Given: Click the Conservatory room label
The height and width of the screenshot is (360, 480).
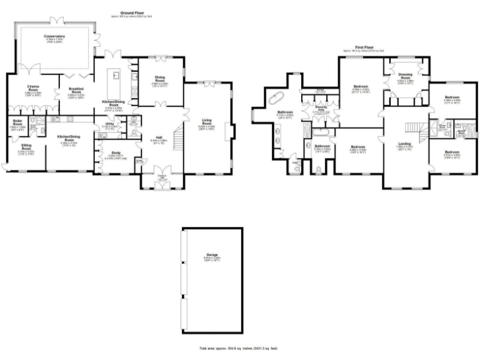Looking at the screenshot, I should pyautogui.click(x=54, y=36).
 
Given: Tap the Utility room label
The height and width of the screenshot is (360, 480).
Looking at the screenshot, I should pyautogui.click(x=109, y=125).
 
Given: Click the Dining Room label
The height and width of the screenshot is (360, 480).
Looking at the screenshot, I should pyautogui.click(x=160, y=78).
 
